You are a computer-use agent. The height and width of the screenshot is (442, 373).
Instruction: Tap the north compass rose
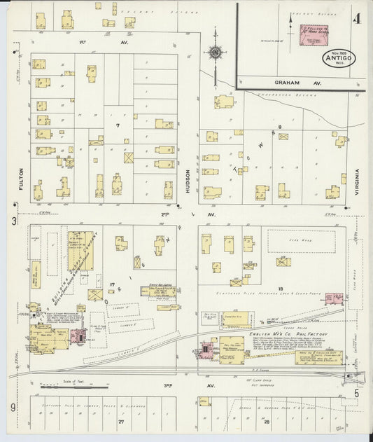[x=216, y=52]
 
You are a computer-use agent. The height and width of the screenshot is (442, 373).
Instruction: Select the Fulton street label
[x=22, y=177]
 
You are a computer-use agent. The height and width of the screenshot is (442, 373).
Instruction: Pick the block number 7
[x=119, y=125]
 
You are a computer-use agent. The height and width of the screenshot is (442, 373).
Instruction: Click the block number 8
[x=279, y=126]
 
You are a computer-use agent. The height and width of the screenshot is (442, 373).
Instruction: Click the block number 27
[x=120, y=422]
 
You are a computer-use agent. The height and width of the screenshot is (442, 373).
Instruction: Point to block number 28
[x=266, y=422]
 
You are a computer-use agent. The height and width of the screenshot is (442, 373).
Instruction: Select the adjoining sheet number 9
[x=13, y=406]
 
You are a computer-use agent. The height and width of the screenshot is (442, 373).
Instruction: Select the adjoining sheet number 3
[x=13, y=221]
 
